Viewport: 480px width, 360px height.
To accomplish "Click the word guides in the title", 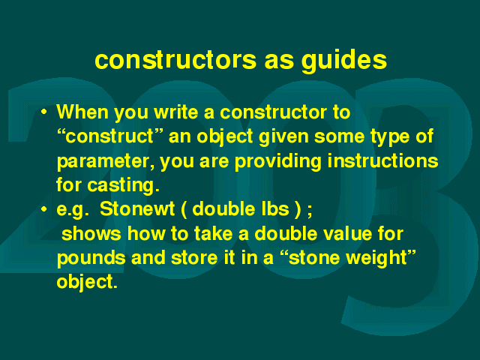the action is click(x=344, y=61).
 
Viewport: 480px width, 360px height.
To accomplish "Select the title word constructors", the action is click(x=175, y=60).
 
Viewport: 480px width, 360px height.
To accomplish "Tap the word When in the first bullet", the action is click(x=82, y=112).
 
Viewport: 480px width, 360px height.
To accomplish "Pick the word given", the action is click(x=283, y=137).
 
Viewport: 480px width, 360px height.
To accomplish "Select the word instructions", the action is click(x=382, y=160).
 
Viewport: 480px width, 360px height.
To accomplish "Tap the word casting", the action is click(x=123, y=186).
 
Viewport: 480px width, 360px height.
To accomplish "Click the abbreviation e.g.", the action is click(x=73, y=210).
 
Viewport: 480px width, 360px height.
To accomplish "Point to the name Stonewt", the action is click(x=137, y=209).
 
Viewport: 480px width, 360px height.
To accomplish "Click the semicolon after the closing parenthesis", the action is click(x=310, y=211).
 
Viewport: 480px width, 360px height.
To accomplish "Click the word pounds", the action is click(x=91, y=259).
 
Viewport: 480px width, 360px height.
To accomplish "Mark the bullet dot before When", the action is click(x=44, y=112).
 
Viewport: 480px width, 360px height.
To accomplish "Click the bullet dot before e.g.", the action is click(x=44, y=209).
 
